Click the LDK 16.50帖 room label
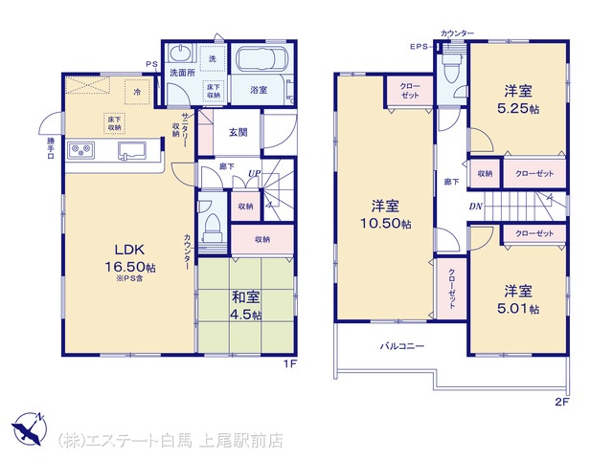(130, 258)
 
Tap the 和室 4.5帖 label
(245, 306)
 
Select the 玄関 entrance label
(238, 132)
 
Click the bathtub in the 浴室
(261, 59)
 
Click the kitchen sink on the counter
(132, 151)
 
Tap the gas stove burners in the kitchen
(81, 150)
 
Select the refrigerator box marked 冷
(137, 92)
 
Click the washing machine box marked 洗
(213, 58)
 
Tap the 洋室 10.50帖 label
(385, 214)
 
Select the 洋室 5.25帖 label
(518, 99)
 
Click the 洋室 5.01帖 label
(518, 300)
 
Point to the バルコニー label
(402, 346)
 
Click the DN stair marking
(476, 207)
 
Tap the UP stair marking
(254, 173)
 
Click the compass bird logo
(30, 428)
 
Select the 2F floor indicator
(561, 403)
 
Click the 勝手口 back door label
(51, 148)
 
